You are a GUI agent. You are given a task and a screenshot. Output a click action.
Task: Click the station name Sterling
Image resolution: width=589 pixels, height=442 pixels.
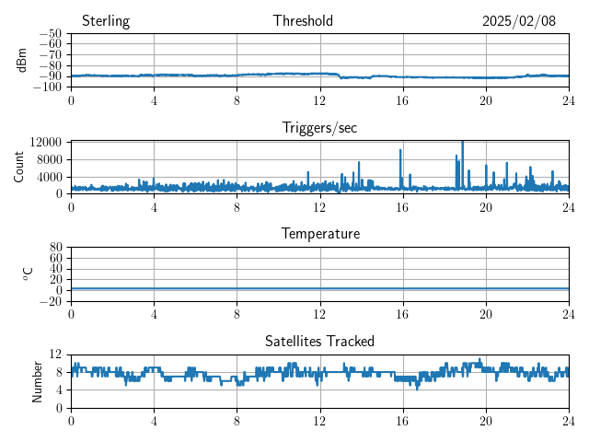[x=106, y=21]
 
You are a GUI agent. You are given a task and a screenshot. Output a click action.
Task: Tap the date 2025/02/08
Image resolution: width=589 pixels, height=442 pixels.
[x=519, y=21]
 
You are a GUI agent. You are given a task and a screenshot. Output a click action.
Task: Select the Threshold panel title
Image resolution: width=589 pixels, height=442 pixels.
[x=303, y=21]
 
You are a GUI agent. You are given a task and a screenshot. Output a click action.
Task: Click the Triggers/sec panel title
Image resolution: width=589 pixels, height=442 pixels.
[x=319, y=128]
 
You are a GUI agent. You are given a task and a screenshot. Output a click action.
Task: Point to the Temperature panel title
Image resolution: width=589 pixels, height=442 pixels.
[x=320, y=234]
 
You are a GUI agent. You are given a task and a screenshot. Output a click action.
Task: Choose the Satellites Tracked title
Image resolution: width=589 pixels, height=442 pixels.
[x=319, y=341]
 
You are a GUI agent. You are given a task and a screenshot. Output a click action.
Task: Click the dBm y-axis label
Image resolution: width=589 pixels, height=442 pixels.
[x=22, y=60]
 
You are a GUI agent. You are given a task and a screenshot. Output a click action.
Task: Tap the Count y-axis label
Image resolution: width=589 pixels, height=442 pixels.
[x=19, y=167]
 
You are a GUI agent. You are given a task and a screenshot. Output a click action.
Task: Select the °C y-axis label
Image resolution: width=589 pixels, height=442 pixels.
[x=28, y=273]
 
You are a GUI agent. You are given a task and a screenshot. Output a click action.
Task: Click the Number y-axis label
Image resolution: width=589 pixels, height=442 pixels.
[x=38, y=380]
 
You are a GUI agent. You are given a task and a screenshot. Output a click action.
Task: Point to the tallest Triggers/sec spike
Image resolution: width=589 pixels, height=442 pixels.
[x=462, y=142]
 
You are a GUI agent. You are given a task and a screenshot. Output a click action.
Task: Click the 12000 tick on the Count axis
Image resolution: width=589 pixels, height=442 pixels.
[x=45, y=142]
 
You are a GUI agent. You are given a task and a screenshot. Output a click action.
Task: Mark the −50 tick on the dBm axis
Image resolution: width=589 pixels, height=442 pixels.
[x=50, y=34]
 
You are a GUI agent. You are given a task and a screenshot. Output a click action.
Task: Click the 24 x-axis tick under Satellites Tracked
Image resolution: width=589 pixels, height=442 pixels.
[x=569, y=420]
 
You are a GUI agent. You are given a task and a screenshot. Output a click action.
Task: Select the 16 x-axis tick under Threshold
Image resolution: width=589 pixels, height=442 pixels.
[x=403, y=99]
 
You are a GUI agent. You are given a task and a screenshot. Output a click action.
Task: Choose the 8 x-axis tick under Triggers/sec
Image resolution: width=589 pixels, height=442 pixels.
[x=237, y=206]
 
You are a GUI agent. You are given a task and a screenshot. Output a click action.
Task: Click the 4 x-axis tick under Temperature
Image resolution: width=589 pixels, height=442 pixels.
[x=154, y=313]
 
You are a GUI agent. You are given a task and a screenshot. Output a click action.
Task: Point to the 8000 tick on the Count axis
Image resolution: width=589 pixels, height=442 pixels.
[x=49, y=159]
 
